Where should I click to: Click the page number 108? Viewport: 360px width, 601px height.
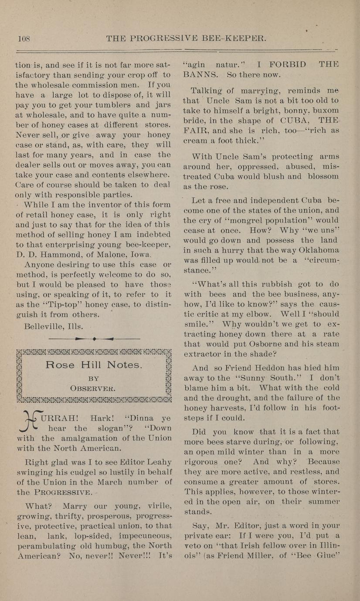click(x=24, y=38)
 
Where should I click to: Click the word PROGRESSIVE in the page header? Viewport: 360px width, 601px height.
click(x=168, y=38)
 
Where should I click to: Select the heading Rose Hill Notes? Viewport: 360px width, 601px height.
click(x=94, y=365)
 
